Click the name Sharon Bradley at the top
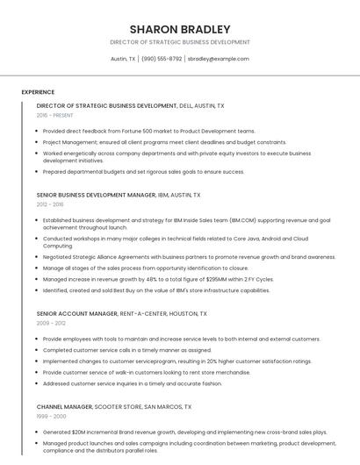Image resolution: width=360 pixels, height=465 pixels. [x=180, y=29]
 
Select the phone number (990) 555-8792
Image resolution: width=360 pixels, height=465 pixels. [x=162, y=59]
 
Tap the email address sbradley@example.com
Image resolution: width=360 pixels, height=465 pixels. [x=219, y=59]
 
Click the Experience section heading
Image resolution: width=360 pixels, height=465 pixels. [x=38, y=92]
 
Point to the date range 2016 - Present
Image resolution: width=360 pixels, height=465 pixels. [x=55, y=115]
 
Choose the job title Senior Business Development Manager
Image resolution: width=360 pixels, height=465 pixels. [x=96, y=195]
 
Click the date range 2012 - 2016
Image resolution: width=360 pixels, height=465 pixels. [x=50, y=204]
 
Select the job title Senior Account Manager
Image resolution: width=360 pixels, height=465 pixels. [x=77, y=313]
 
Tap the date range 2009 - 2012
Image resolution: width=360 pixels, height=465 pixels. [x=50, y=323]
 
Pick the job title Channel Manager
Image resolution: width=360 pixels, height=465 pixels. [x=65, y=407]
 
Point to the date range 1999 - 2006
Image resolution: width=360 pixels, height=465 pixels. [x=50, y=417]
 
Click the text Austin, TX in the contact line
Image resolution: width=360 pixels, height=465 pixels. [x=123, y=59]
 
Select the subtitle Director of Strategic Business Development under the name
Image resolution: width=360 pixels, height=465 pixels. [x=180, y=42]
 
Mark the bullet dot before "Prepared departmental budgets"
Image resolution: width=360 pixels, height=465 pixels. [x=38, y=171]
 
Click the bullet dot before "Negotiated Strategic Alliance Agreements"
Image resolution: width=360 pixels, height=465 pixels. [x=38, y=257]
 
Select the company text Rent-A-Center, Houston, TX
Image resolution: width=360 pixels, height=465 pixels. [x=164, y=313]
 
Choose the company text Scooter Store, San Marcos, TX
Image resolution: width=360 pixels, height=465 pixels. [x=143, y=407]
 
